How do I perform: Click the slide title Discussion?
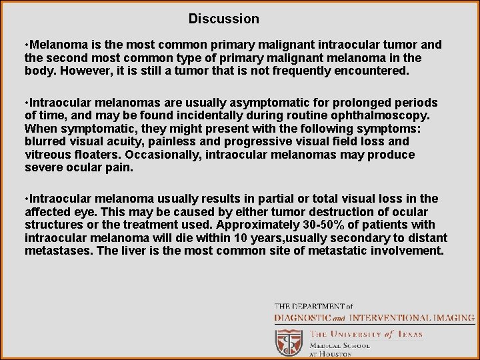[223, 19]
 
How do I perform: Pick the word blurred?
[45, 141]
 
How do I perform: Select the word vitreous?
[47, 155]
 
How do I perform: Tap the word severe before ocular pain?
[43, 167]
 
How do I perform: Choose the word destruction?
[333, 212]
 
